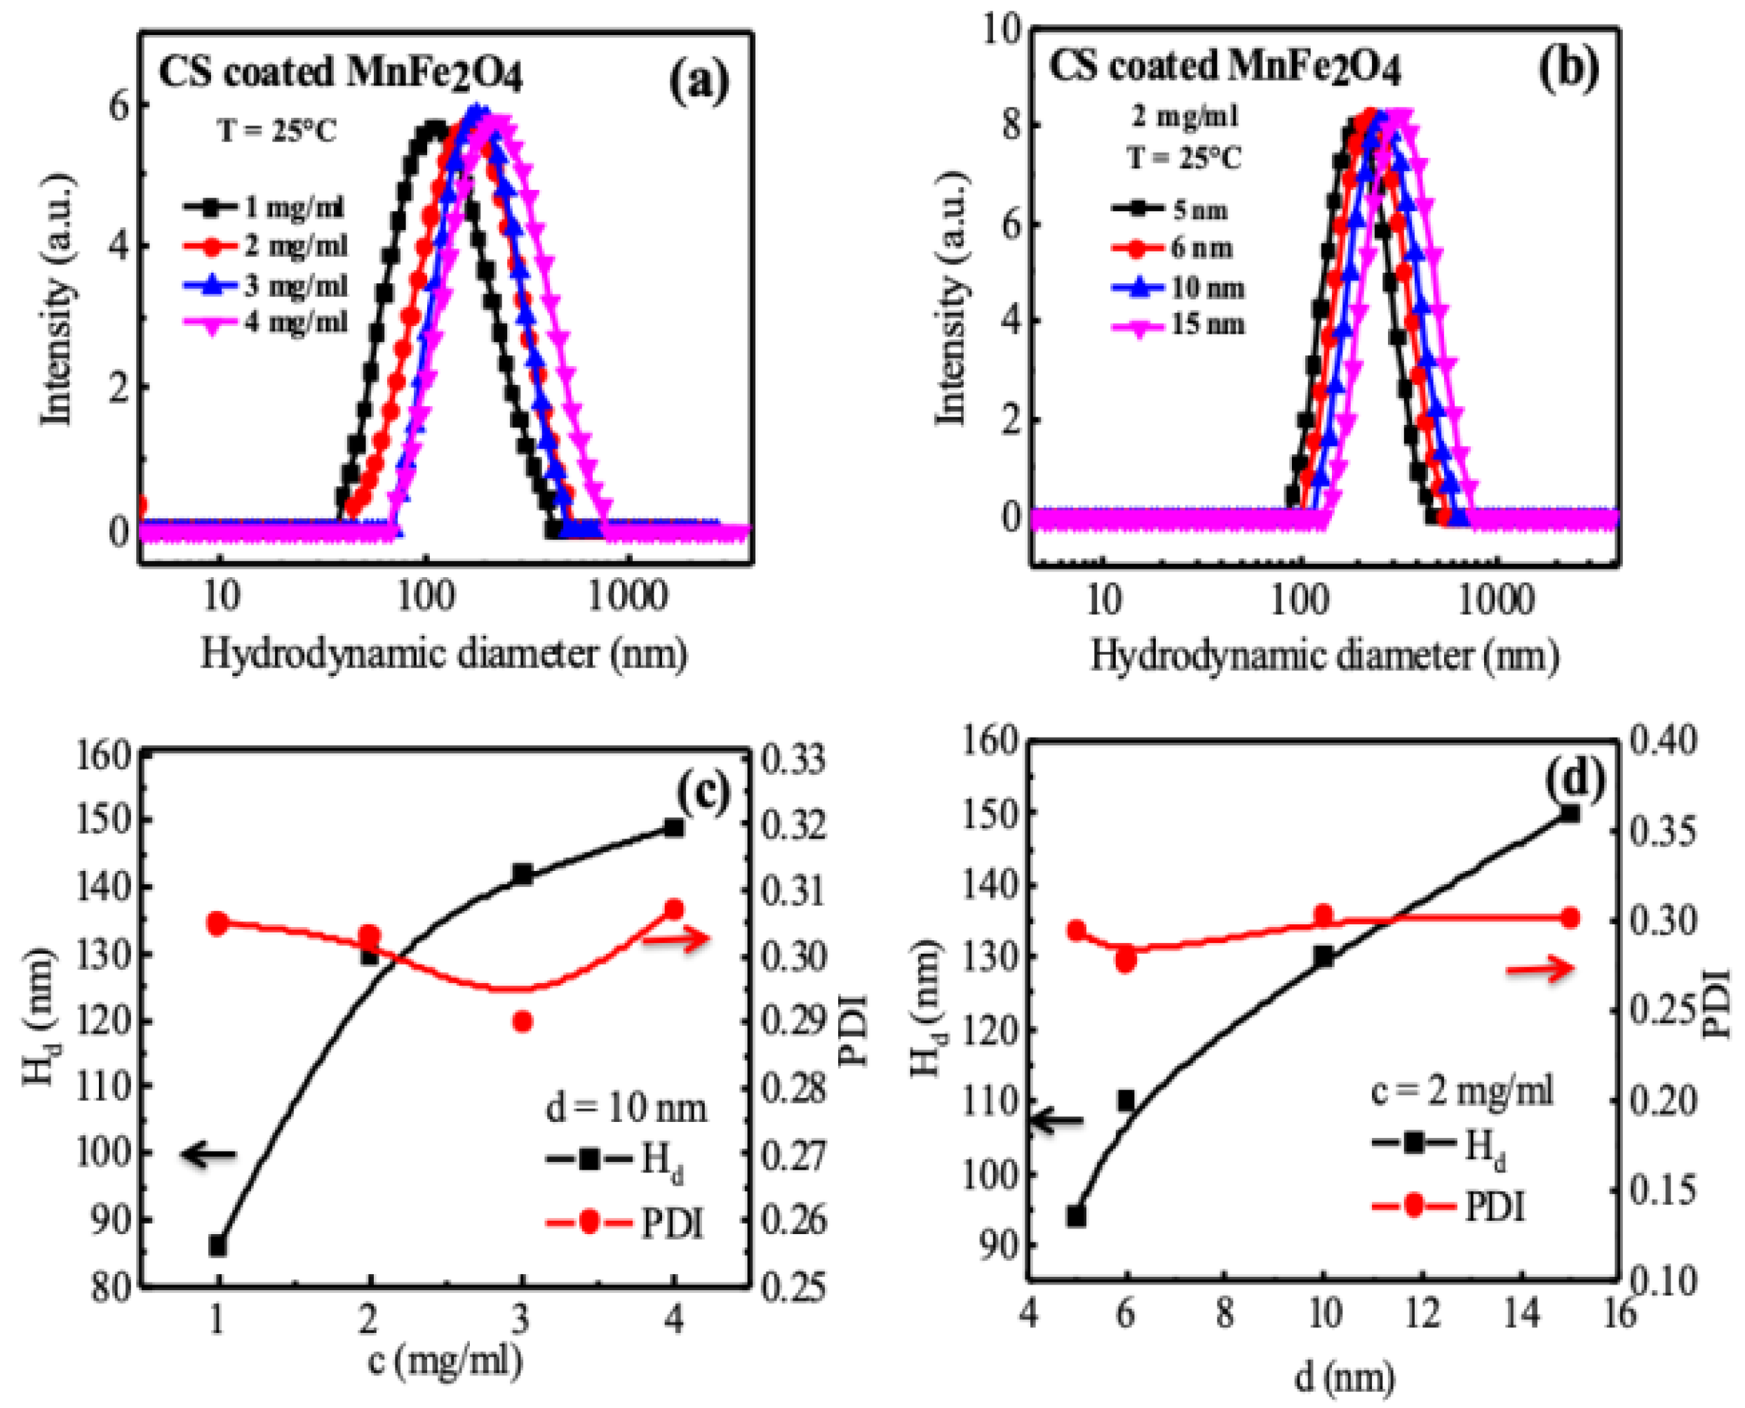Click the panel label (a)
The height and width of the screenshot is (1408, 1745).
(699, 81)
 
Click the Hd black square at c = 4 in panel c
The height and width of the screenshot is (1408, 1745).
(673, 827)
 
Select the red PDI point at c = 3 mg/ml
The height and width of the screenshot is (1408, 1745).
(523, 1021)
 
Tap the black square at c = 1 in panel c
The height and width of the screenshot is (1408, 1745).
(217, 1246)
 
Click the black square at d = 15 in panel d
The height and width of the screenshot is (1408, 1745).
(1570, 813)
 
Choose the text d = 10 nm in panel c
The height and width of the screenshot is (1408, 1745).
(625, 1107)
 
